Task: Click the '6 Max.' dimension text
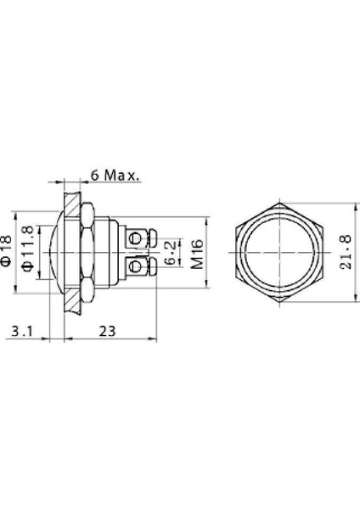tap(115, 176)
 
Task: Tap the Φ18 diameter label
tap(8, 251)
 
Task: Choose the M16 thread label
tap(196, 251)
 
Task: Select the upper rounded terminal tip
tap(151, 234)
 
